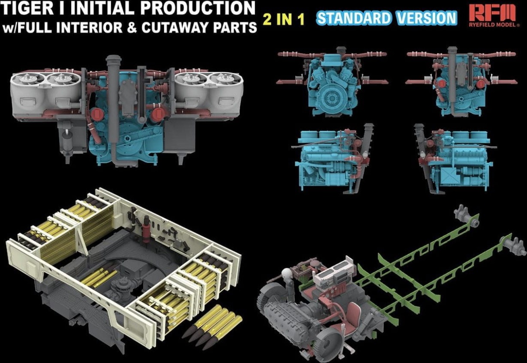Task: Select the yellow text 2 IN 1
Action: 284,19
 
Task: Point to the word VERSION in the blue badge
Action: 426,18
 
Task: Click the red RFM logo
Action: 492,13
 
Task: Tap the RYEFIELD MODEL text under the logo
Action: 492,25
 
